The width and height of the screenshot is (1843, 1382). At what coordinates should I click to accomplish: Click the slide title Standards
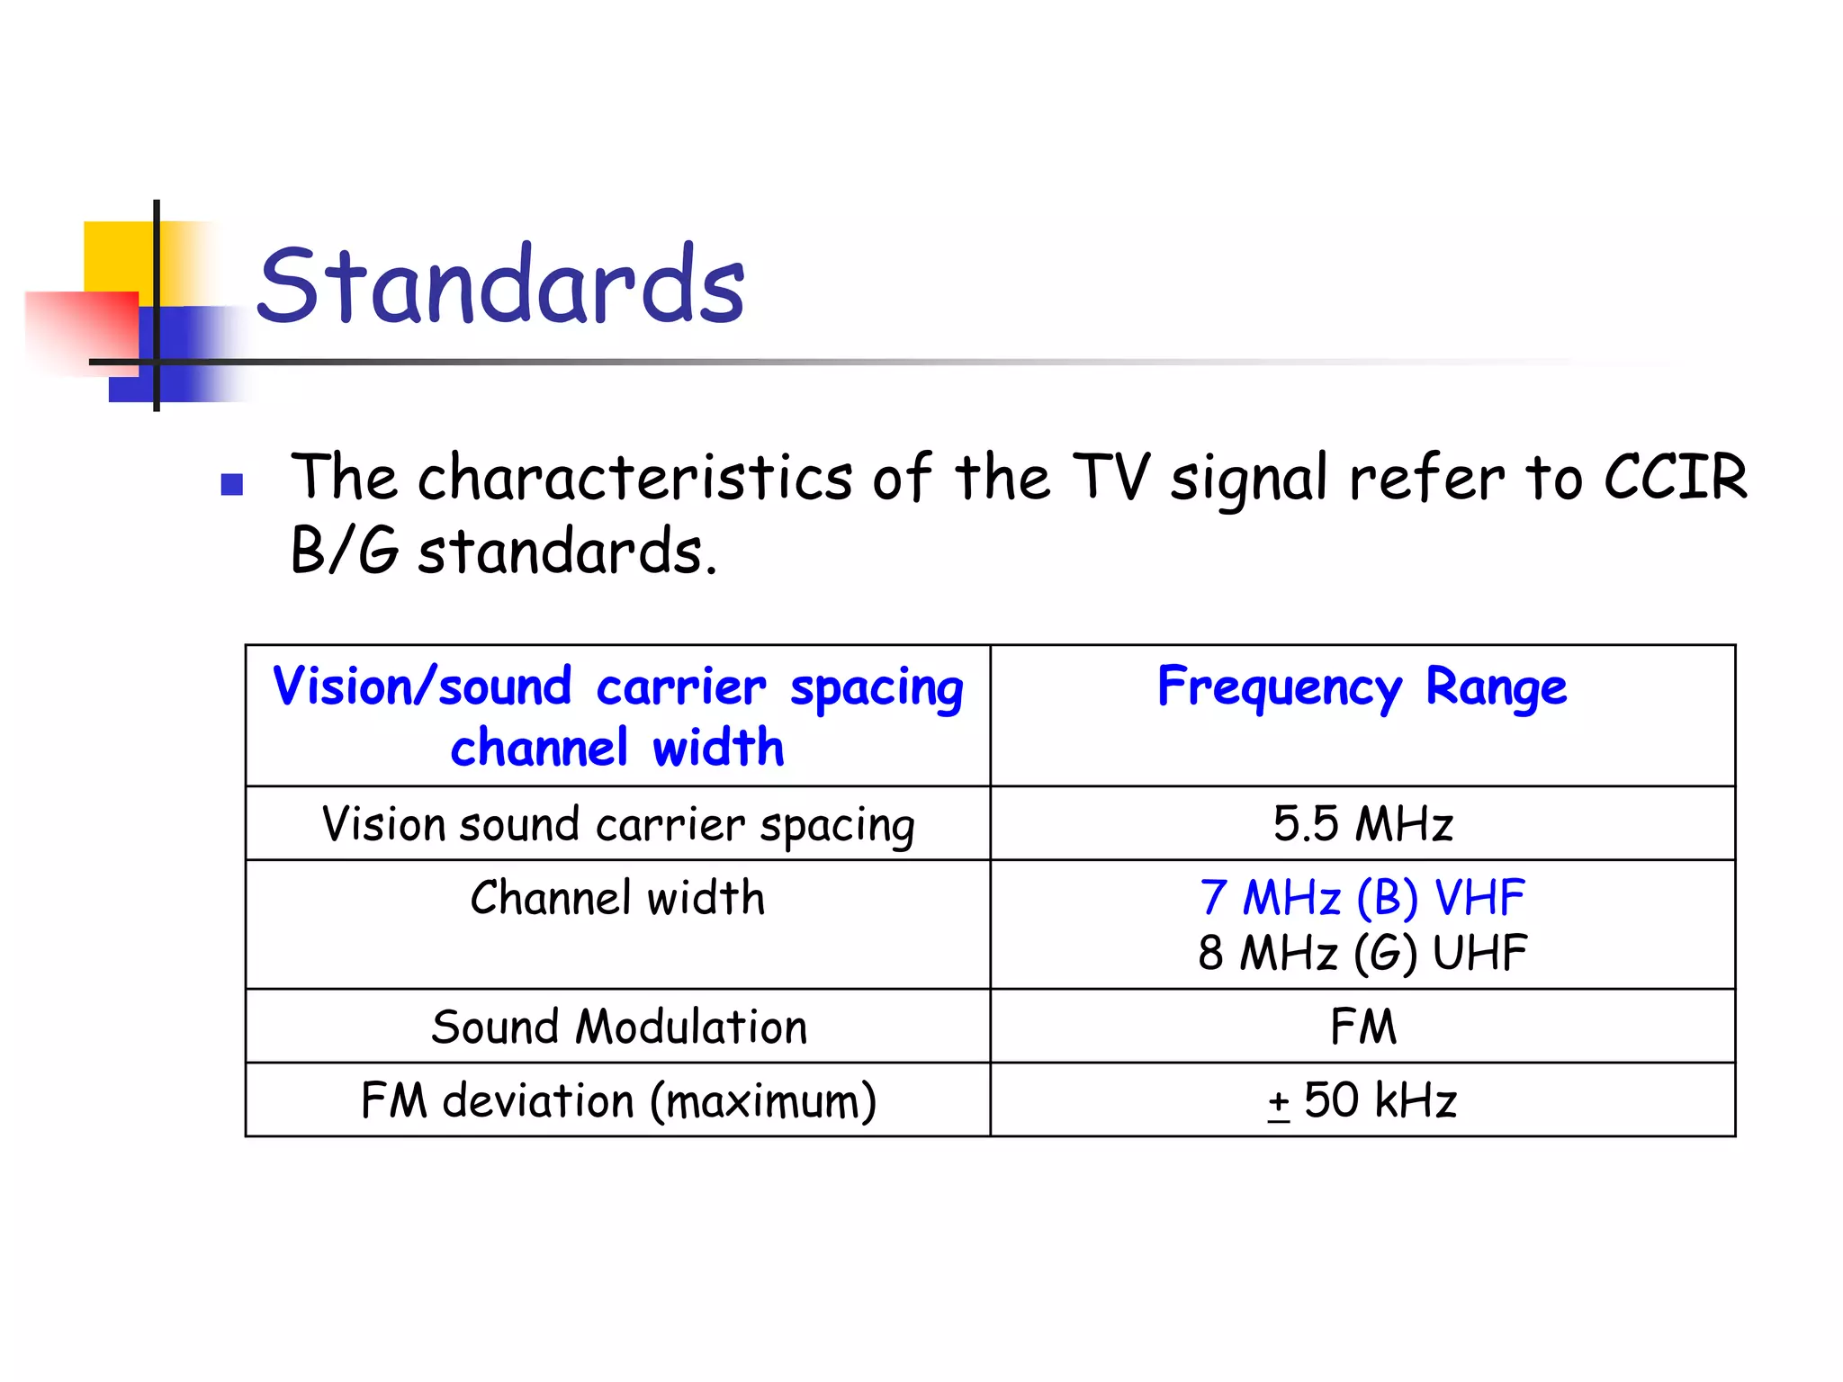501,285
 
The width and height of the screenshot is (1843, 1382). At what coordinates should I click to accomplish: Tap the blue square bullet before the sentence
232,485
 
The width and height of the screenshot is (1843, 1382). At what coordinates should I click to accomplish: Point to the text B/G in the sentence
344,551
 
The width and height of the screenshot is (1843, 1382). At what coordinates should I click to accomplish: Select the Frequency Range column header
1362,687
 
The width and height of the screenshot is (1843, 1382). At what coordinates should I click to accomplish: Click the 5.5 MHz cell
1362,823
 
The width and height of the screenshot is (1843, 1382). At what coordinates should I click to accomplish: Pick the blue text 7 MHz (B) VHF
1362,897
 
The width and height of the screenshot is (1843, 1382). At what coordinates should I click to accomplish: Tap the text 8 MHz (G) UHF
1362,953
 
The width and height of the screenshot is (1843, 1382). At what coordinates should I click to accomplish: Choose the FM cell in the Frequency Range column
1362,1027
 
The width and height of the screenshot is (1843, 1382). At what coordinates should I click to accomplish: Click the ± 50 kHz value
1362,1100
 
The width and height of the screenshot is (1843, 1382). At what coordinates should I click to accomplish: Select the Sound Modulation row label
619,1027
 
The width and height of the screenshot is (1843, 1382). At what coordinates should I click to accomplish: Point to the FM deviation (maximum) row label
619,1100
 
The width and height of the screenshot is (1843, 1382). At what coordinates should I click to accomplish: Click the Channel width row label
617,898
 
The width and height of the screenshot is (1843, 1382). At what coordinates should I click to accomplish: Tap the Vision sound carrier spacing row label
619,824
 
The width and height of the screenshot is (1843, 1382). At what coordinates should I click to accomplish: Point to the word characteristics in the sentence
634,477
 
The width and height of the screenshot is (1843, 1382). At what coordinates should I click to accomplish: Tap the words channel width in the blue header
617,748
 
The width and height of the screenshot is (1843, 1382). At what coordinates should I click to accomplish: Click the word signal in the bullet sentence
1249,479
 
